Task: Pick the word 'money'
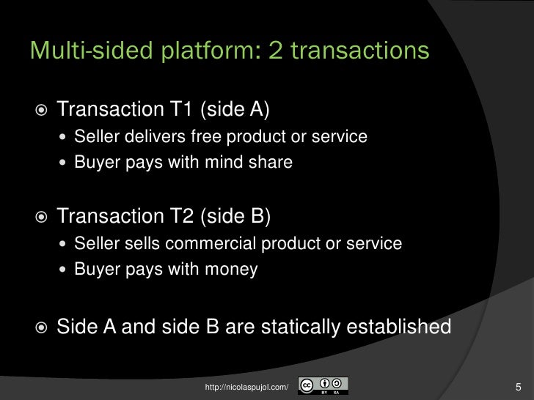point(233,269)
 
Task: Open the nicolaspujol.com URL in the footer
point(246,385)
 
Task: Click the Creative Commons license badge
point(323,385)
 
